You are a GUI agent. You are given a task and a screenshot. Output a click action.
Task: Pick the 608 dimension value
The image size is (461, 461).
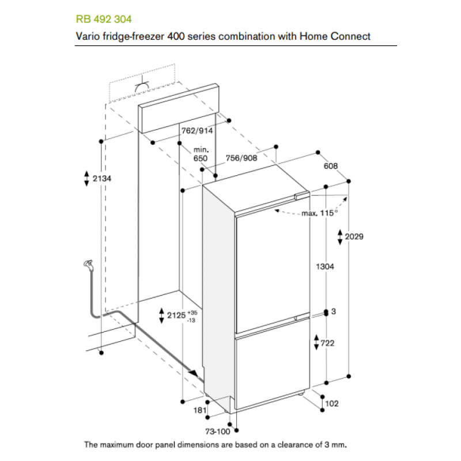330,166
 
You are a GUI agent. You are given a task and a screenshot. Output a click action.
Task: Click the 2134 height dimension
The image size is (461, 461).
101,179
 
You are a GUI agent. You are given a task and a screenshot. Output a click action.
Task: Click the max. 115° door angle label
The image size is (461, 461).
319,213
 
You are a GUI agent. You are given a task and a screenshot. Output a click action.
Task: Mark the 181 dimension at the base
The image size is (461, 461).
199,410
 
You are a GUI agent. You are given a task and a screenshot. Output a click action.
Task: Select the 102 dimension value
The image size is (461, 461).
332,404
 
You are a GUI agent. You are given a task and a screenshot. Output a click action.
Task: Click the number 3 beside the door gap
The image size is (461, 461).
334,312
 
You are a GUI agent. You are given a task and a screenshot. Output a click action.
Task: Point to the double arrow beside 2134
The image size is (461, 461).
86,179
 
